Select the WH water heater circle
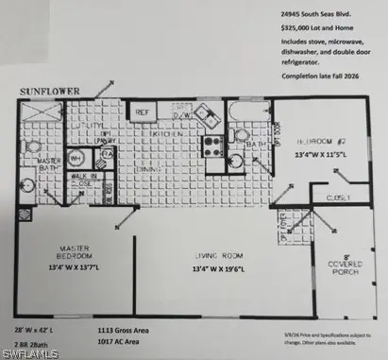[75, 159]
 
